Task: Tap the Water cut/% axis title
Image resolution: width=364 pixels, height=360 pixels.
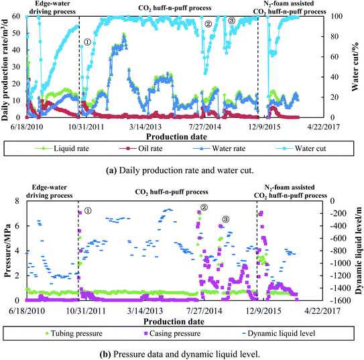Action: click(x=355, y=67)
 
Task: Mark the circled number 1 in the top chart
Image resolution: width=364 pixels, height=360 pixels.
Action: click(x=88, y=42)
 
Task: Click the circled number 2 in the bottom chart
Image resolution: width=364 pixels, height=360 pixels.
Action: click(x=204, y=207)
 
